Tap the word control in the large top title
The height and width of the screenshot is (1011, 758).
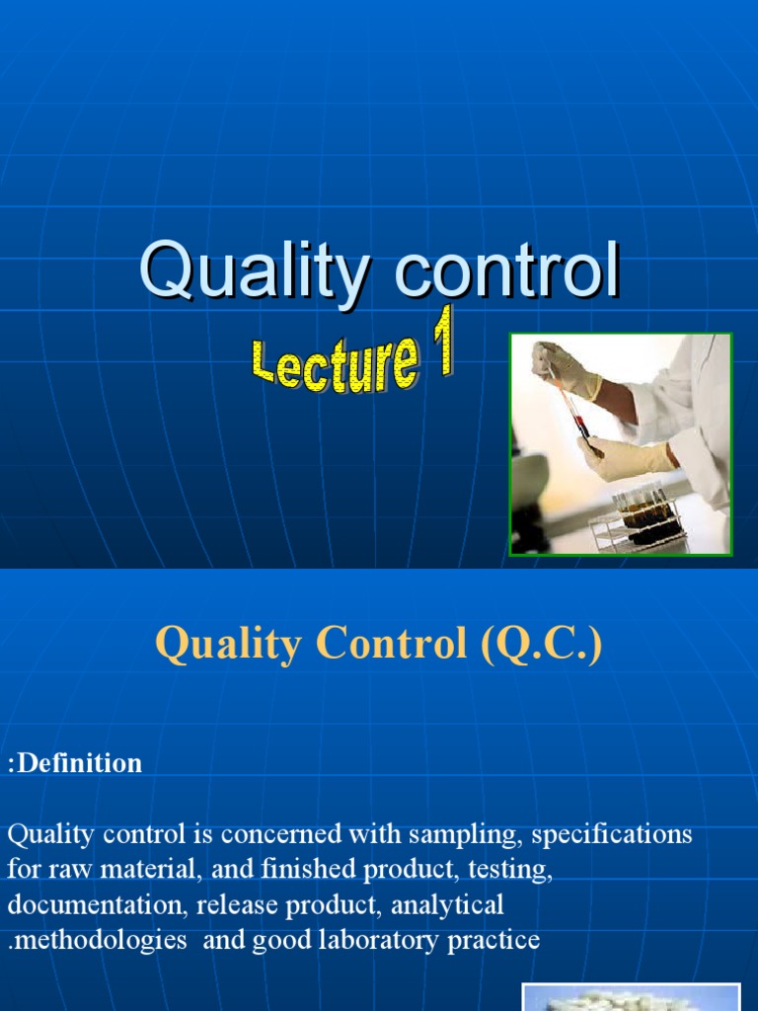507,272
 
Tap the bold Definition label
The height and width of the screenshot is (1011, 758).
79,763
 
